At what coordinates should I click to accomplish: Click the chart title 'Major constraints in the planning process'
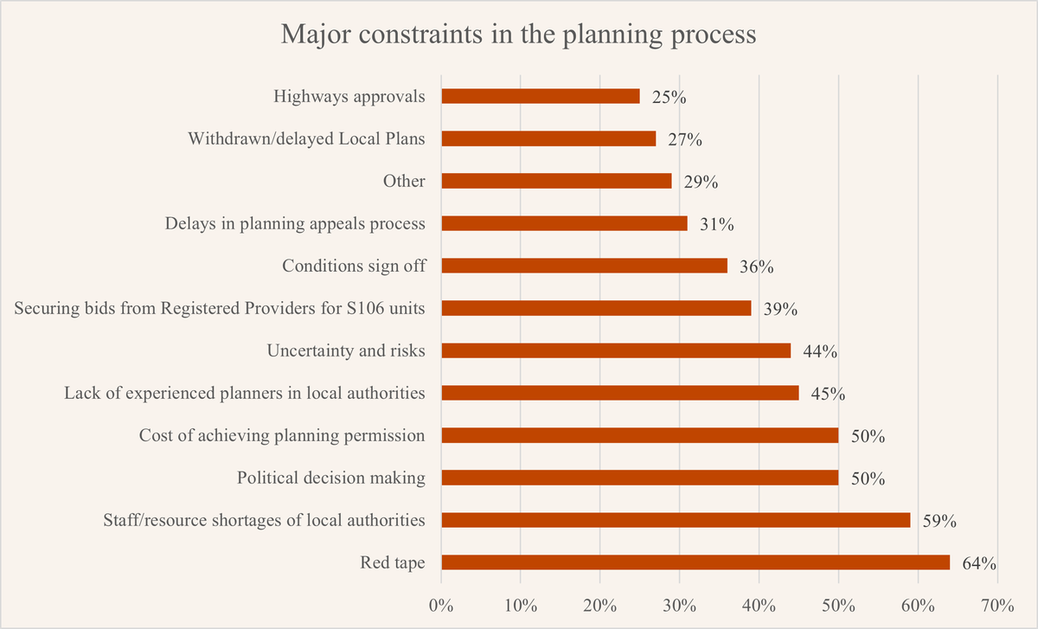[519, 35]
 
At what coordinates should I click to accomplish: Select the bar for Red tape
[695, 562]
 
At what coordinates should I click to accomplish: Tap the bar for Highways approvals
[541, 96]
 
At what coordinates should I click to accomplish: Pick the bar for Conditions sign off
[584, 266]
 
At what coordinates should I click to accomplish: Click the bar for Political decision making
[640, 478]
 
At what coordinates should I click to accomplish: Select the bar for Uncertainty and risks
[616, 350]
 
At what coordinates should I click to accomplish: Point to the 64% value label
[979, 564]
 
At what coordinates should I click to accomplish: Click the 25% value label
[669, 98]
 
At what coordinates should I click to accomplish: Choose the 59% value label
[939, 522]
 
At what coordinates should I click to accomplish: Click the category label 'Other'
[404, 181]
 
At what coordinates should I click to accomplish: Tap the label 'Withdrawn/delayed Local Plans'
[306, 138]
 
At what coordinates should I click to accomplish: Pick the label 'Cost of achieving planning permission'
[282, 435]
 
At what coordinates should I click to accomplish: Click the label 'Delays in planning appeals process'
[295, 223]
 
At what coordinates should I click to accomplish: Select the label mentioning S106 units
[220, 308]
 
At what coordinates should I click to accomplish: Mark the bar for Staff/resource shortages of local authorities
[676, 520]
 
